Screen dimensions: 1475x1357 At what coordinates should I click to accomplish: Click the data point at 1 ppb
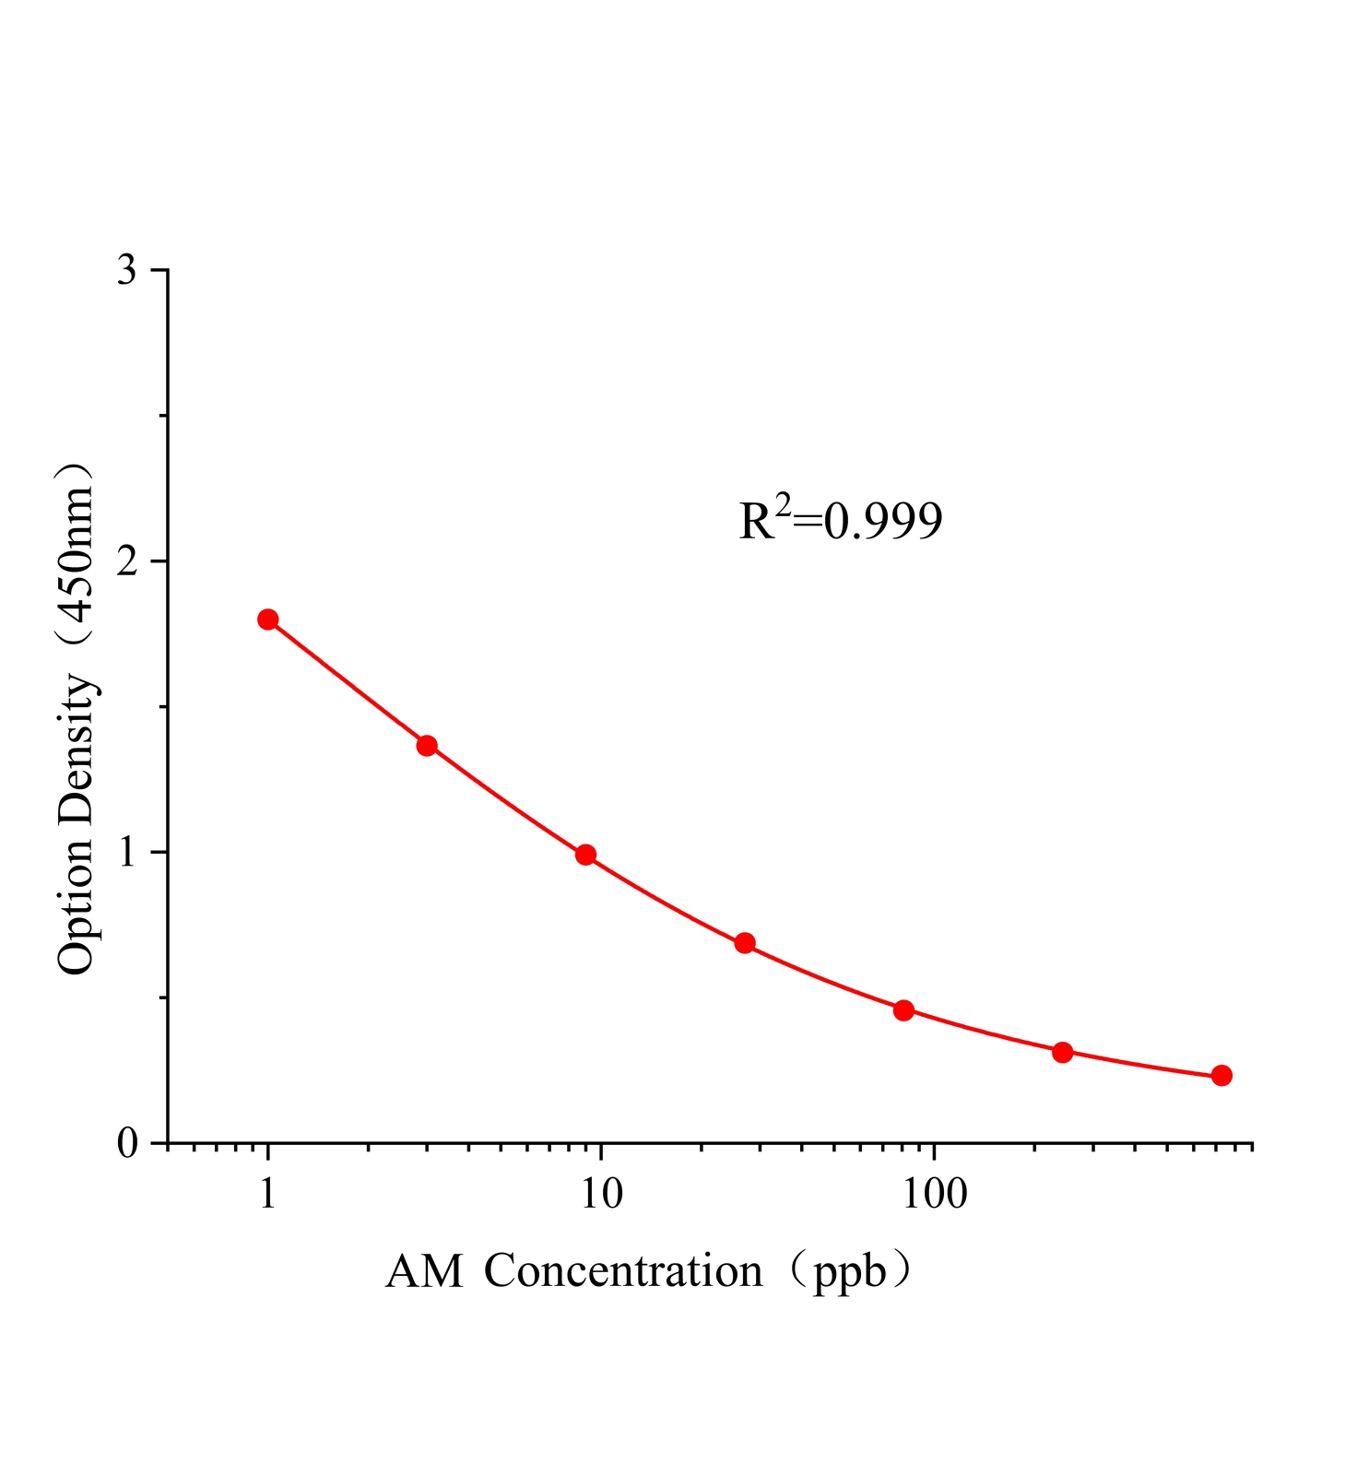tap(268, 619)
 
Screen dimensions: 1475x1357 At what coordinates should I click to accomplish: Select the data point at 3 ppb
tap(427, 746)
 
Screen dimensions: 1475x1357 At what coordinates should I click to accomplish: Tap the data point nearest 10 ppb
tap(585, 855)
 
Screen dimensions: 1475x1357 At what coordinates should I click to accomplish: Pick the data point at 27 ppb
tap(745, 943)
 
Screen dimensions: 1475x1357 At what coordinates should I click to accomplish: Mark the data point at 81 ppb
tap(903, 1010)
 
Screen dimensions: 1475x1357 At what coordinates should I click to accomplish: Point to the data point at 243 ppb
tap(1062, 1052)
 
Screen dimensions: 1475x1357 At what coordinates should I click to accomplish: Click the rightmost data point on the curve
tap(1221, 1076)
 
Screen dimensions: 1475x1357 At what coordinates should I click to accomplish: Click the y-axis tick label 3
tap(127, 271)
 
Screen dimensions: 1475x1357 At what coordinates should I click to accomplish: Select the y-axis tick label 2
tap(127, 561)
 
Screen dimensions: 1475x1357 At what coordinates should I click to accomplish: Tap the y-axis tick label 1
tap(127, 853)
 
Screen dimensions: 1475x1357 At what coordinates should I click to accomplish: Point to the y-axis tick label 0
tap(127, 1144)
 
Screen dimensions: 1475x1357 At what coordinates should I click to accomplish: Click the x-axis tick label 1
tap(268, 1194)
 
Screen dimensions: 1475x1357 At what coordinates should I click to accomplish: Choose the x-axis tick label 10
tap(601, 1194)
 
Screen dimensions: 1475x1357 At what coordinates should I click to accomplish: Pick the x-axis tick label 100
tap(934, 1194)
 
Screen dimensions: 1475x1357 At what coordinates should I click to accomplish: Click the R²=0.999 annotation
tap(840, 520)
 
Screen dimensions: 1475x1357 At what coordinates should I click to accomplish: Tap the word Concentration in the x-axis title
tap(623, 1272)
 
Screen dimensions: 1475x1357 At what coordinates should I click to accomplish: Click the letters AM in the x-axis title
tap(424, 1272)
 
